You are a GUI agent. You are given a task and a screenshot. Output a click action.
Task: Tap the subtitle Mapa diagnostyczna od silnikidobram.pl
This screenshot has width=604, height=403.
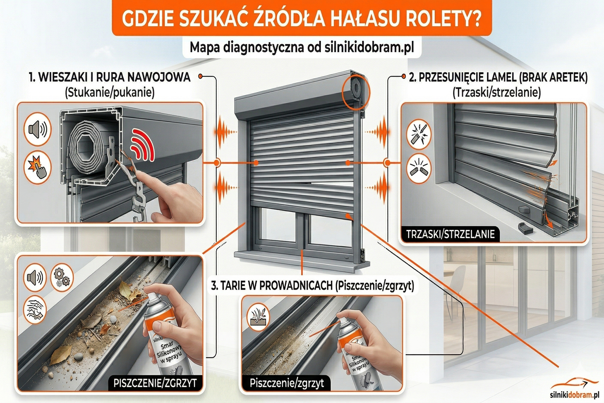pyautogui.click(x=302, y=47)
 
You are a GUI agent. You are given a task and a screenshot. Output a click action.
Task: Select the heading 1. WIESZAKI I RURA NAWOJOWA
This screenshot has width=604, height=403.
pyautogui.click(x=110, y=77)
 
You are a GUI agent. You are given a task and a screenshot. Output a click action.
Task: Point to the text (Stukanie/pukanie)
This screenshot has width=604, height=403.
pyautogui.click(x=110, y=92)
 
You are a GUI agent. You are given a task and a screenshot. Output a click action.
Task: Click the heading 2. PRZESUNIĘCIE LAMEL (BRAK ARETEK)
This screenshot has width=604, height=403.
pyautogui.click(x=498, y=77)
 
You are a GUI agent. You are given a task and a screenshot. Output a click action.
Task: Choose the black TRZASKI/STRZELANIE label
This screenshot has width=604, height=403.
pyautogui.click(x=450, y=235)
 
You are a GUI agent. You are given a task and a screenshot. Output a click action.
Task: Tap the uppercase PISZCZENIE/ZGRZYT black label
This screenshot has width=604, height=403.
pyautogui.click(x=155, y=383)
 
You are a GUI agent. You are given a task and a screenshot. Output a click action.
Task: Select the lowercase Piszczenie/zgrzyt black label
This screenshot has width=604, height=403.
pyautogui.click(x=287, y=383)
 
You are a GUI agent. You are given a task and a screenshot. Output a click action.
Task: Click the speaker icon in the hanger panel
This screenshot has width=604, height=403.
pyautogui.click(x=38, y=129)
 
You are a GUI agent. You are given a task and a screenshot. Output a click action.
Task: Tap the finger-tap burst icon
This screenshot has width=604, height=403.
pyautogui.click(x=38, y=167)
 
